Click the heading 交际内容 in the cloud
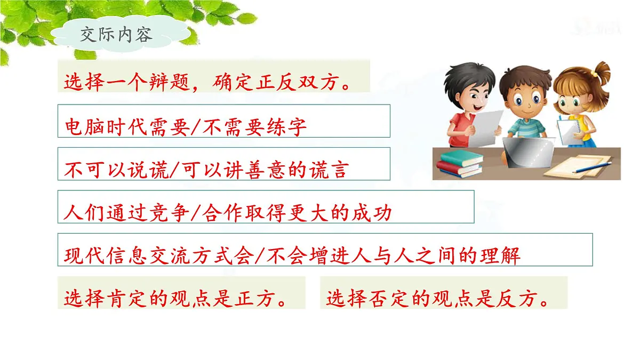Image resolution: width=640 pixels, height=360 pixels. pyautogui.click(x=116, y=35)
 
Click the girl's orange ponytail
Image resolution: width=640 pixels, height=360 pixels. pyautogui.click(x=601, y=72)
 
